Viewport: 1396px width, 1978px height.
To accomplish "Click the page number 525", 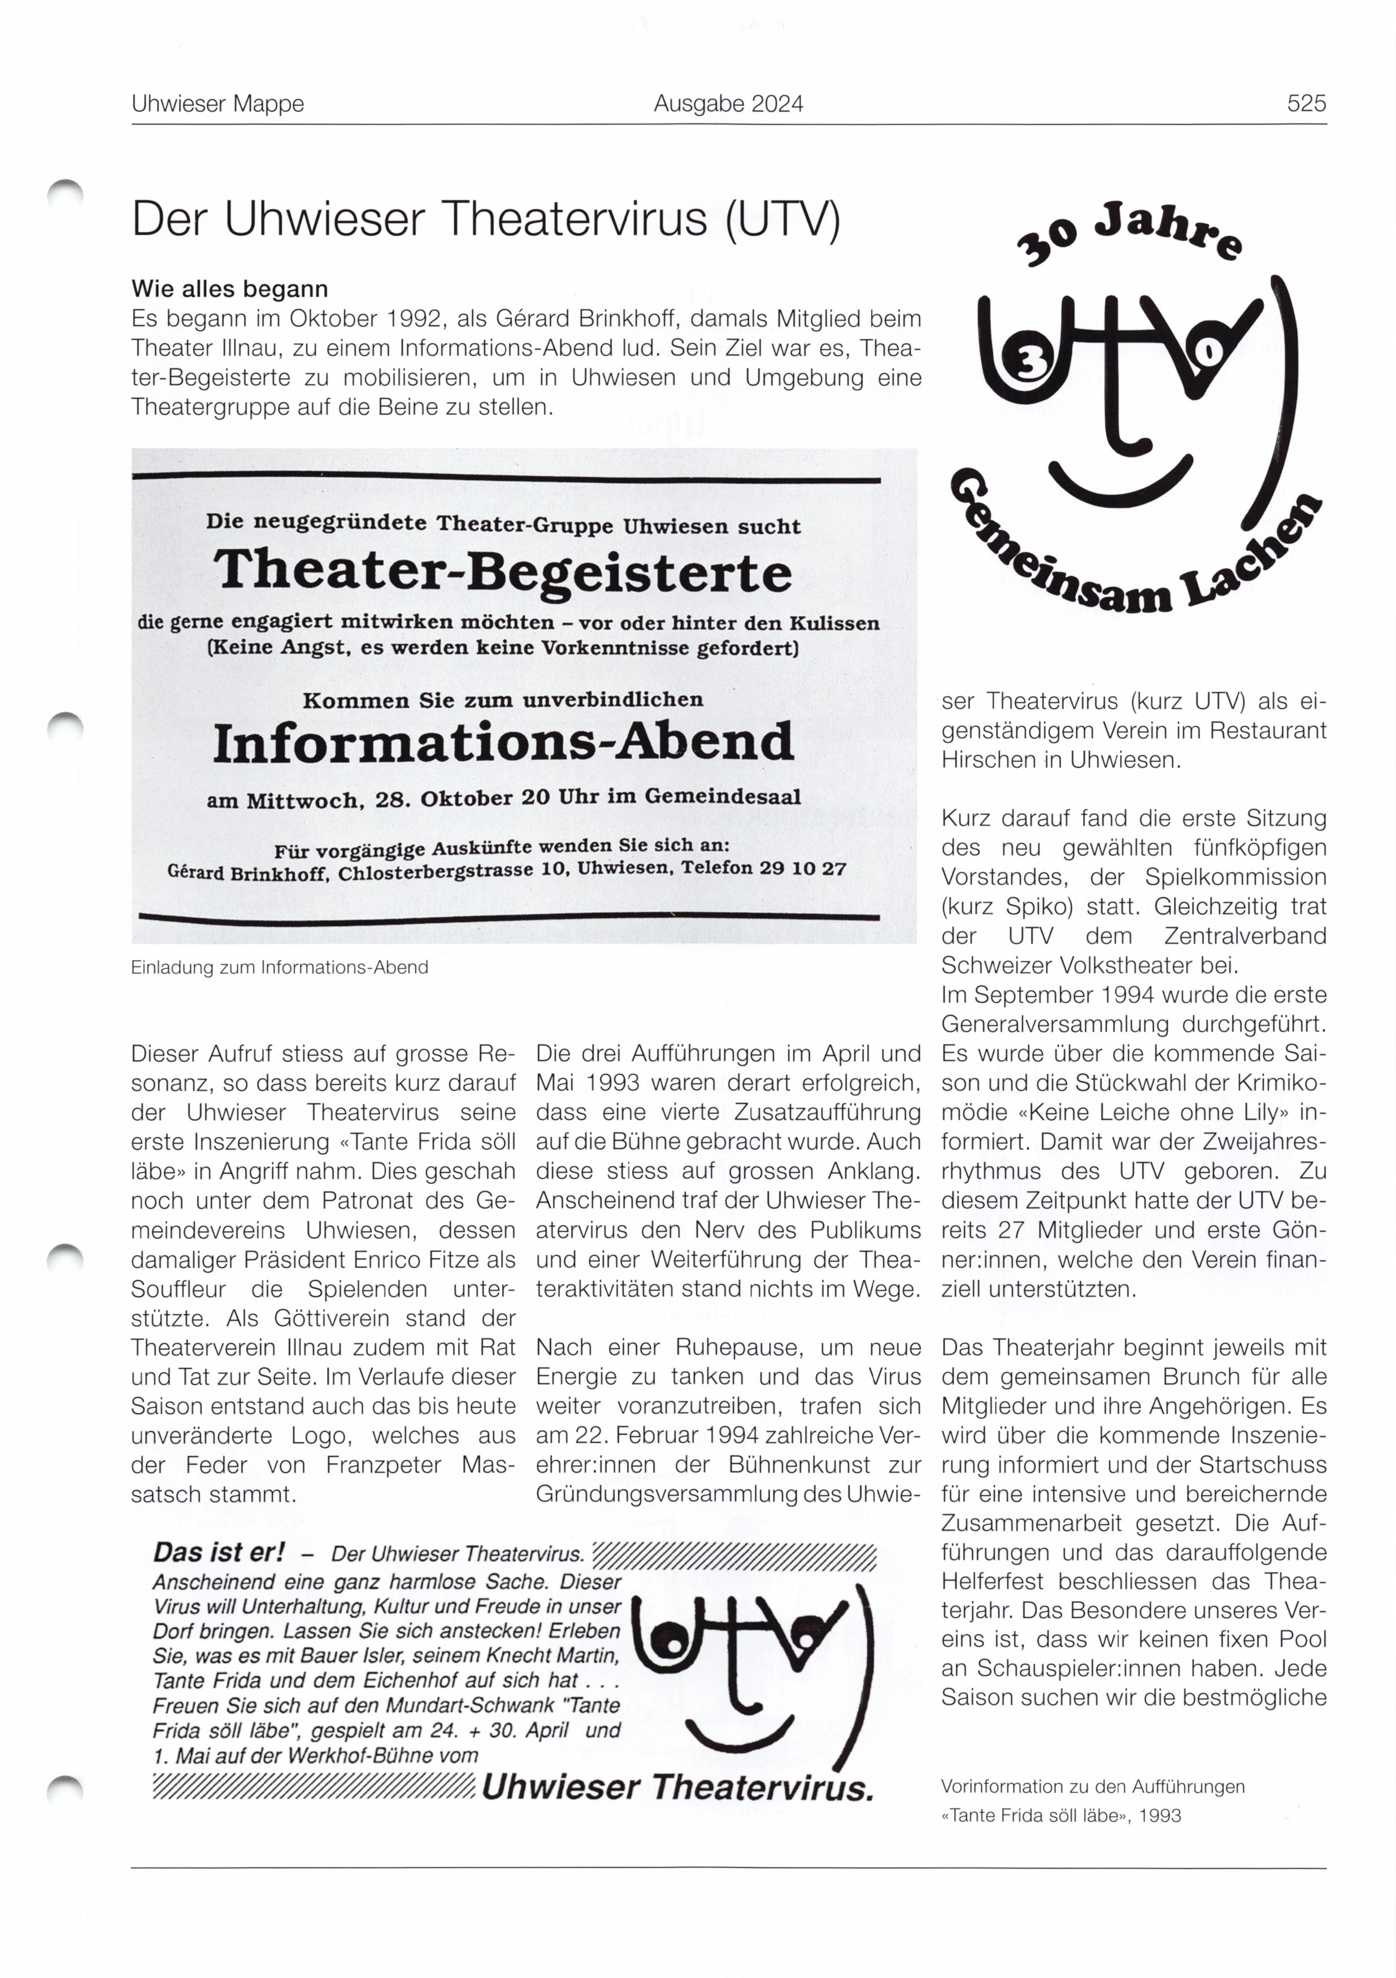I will click(x=1306, y=104).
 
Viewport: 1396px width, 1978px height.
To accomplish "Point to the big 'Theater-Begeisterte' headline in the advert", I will click(x=502, y=574).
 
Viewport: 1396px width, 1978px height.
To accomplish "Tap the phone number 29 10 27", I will click(x=803, y=867).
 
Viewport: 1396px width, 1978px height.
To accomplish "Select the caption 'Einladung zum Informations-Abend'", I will click(x=279, y=968).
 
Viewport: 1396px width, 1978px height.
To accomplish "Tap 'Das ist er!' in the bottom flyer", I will click(x=218, y=1552).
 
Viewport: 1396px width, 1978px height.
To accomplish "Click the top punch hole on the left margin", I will click(x=66, y=191).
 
